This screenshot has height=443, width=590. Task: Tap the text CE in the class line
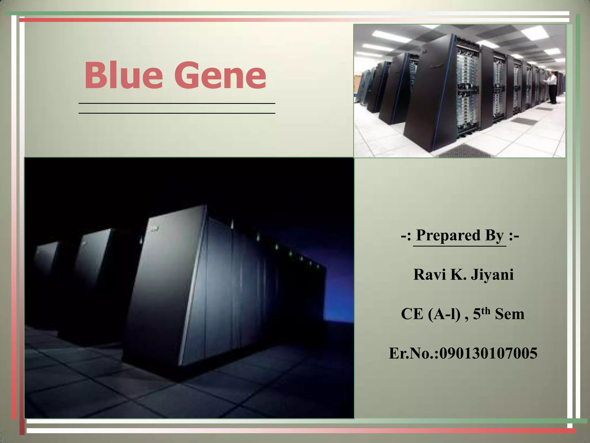point(412,314)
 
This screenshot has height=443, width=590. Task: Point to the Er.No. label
point(413,353)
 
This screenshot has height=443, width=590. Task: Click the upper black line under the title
point(177,103)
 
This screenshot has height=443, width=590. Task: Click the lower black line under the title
point(177,113)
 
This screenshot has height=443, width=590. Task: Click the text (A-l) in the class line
point(444,314)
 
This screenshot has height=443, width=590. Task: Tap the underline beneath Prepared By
point(459,246)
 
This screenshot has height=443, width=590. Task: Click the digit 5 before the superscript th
point(477,314)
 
